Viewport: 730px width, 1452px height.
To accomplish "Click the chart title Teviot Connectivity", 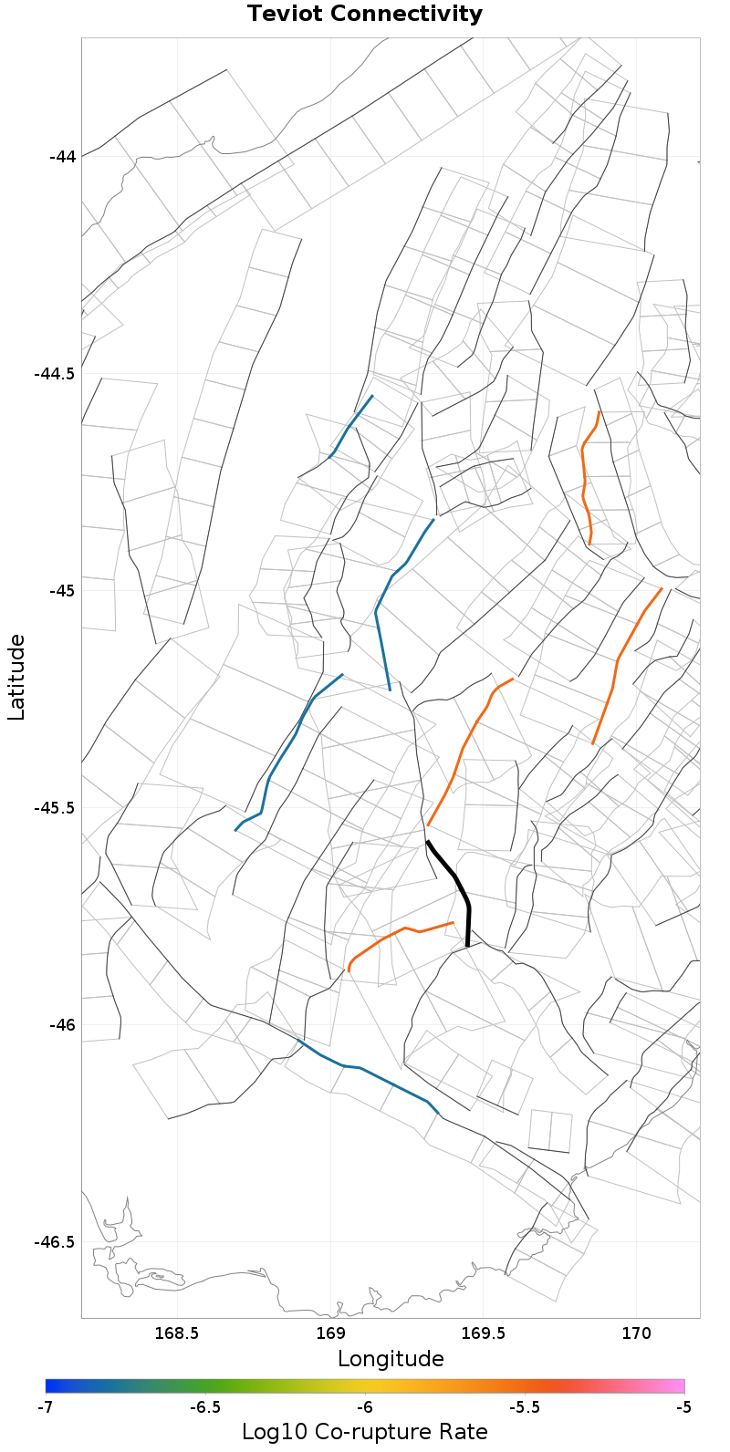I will pos(364,15).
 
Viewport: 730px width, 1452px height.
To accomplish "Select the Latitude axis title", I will pos(16,678).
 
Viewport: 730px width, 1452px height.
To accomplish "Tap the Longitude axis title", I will pos(391,1359).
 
